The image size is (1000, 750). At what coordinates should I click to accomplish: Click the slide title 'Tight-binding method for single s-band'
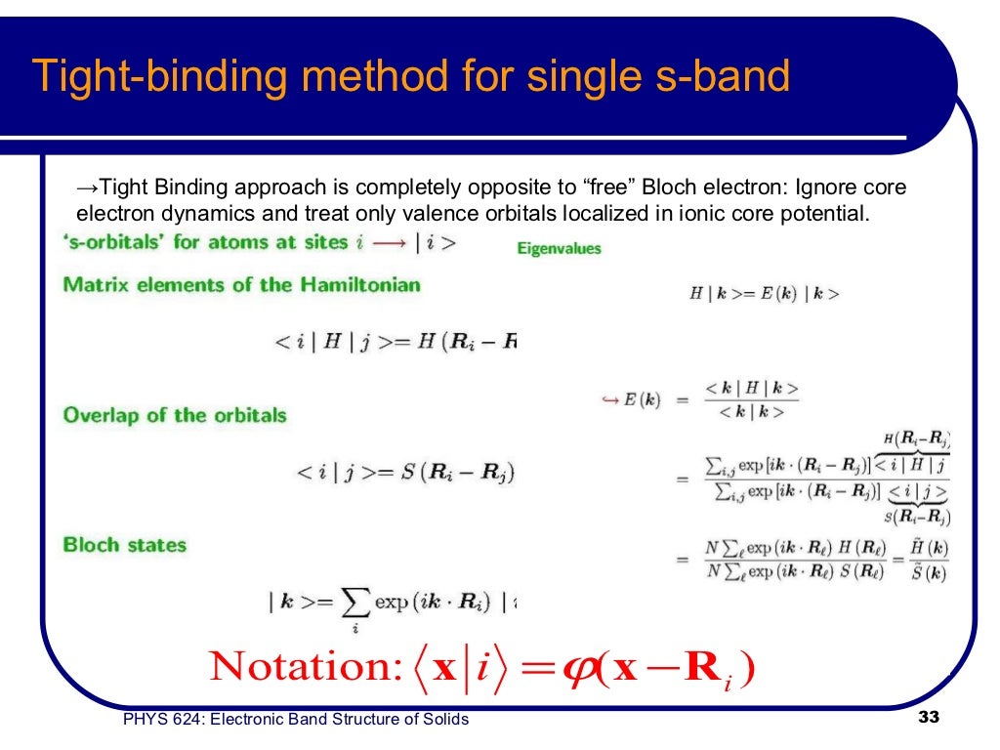coord(411,75)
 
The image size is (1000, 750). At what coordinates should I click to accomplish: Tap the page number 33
coord(929,719)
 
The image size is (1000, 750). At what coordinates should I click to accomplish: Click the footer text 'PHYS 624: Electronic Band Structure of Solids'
coord(296,720)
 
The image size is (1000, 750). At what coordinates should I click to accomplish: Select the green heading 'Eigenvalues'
coord(559,249)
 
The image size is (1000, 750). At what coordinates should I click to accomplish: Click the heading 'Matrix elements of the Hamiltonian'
coord(242,285)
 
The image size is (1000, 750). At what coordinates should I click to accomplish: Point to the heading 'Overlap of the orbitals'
coord(175,415)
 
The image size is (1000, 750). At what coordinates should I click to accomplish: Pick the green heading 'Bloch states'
coord(124,545)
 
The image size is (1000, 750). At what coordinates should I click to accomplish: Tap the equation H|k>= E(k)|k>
coord(765,293)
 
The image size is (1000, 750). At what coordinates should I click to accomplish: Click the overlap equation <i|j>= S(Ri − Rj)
coord(405,473)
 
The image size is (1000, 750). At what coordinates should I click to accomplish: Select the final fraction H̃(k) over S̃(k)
coord(923,562)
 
